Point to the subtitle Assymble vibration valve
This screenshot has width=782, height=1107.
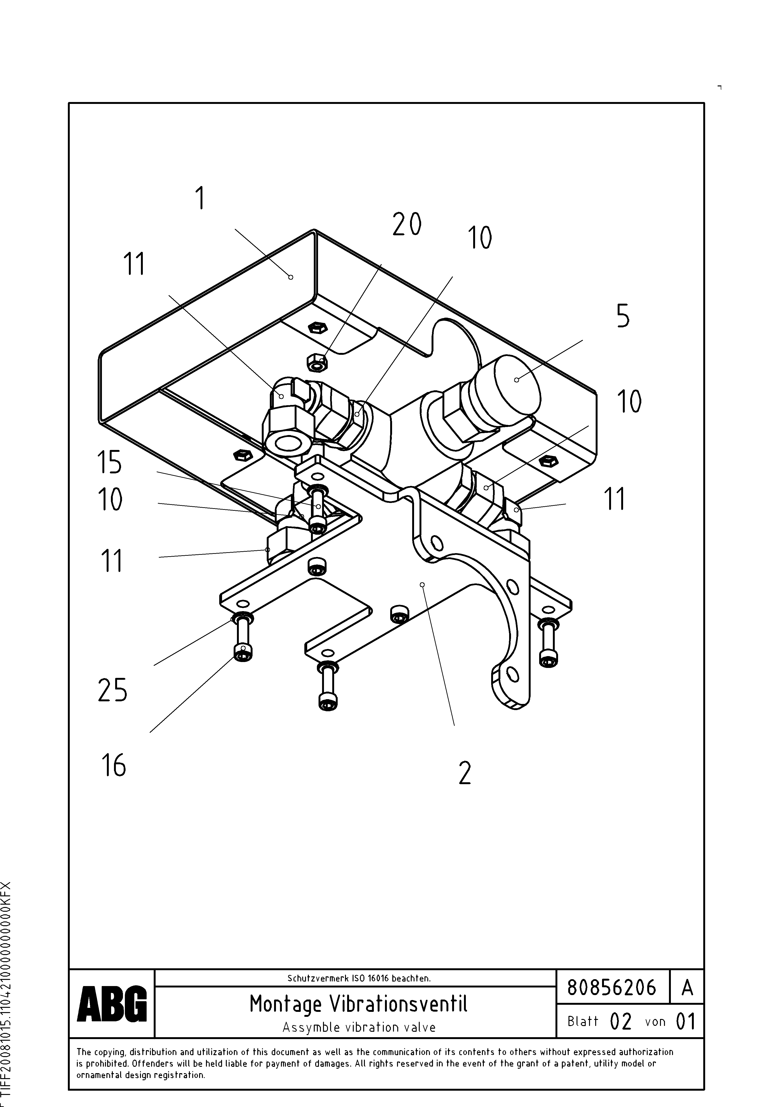tap(358, 1027)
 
